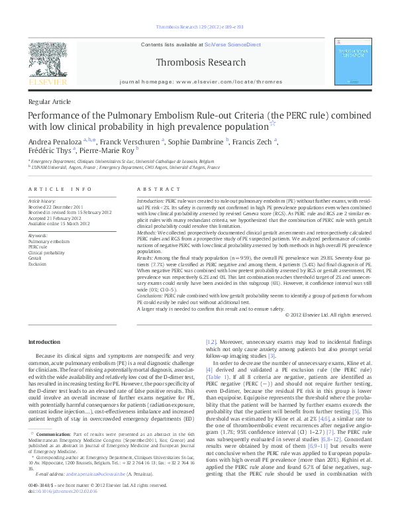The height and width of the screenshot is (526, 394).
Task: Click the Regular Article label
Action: [48, 103]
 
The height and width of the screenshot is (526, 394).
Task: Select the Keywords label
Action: [37, 236]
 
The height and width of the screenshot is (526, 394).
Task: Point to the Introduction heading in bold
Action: [46, 342]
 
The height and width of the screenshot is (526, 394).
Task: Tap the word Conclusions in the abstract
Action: [152, 295]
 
